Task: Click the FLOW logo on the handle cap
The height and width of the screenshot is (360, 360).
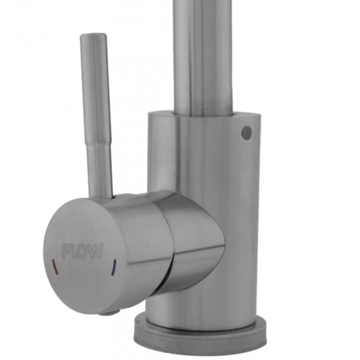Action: (82, 251)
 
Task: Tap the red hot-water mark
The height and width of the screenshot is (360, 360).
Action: (56, 267)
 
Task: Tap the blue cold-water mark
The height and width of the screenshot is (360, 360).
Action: (114, 267)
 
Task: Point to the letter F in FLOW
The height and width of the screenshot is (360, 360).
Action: (66, 251)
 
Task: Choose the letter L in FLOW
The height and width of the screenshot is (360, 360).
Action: (74, 251)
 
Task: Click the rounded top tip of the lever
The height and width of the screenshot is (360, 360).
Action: (93, 36)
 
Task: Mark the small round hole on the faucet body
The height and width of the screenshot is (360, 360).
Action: (247, 132)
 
